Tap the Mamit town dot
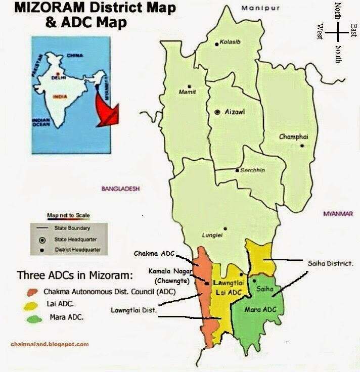189,86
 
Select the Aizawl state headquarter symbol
217,111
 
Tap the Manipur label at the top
253,8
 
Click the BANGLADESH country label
120,189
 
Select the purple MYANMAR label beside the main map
337,214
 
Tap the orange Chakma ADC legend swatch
33,292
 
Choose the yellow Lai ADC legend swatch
33,305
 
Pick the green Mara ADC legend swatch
33,318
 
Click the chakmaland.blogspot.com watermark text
49,344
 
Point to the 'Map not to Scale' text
68,215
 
